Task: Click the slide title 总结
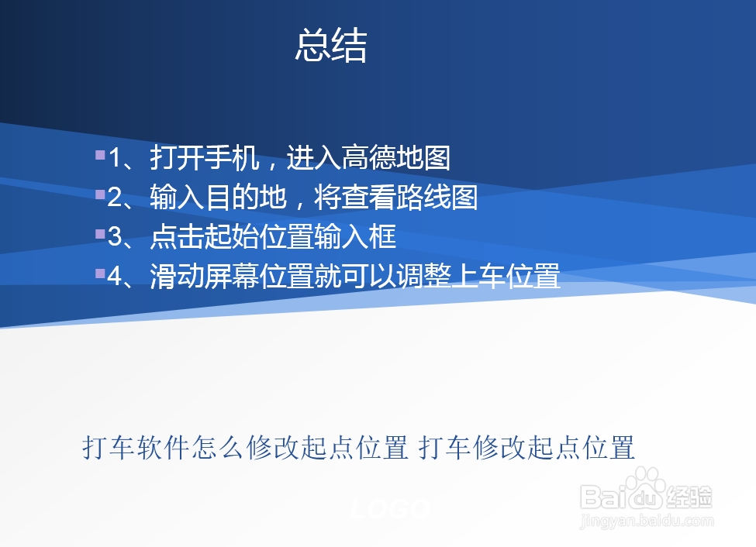(x=331, y=45)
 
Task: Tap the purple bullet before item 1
(x=100, y=155)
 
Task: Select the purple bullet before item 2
(x=100, y=194)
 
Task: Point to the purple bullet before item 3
(x=100, y=234)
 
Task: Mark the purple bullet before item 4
(x=100, y=273)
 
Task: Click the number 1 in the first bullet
(x=115, y=157)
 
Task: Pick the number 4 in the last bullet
(x=115, y=276)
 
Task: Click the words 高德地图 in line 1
(x=396, y=157)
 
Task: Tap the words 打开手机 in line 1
(x=205, y=157)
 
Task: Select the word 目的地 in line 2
(x=246, y=197)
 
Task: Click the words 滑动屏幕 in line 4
(x=205, y=276)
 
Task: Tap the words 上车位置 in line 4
(x=506, y=276)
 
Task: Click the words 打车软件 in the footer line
(x=136, y=447)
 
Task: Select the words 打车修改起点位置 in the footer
(x=526, y=447)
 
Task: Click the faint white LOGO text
(x=390, y=509)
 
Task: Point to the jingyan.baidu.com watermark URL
(x=647, y=521)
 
